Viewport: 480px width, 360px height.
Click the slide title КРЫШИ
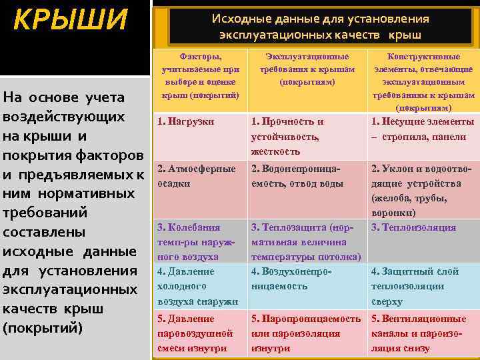(70, 21)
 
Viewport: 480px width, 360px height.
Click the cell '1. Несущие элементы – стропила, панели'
(423, 129)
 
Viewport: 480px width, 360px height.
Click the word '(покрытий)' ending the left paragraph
(43, 329)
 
